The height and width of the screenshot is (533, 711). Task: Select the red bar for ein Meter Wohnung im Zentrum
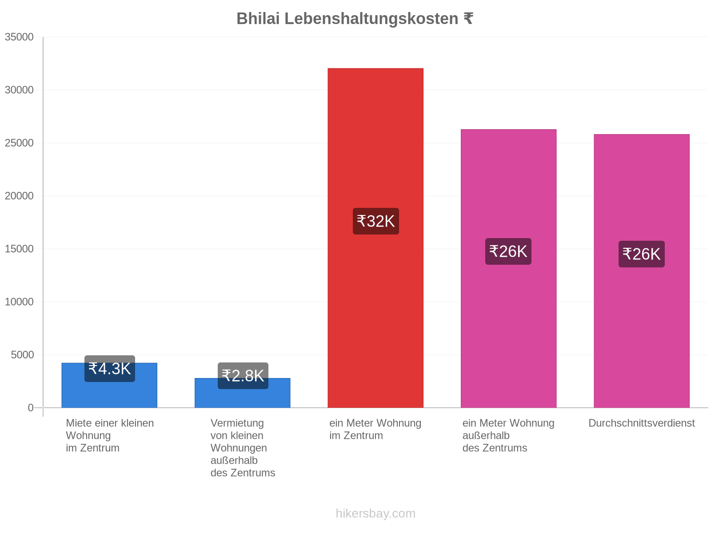(375, 238)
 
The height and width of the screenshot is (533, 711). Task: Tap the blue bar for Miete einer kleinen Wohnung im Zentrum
(109, 385)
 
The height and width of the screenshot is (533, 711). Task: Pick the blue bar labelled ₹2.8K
(242, 393)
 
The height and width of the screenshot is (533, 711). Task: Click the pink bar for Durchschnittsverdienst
(641, 270)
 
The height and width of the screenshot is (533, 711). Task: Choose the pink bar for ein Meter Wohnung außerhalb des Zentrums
(508, 268)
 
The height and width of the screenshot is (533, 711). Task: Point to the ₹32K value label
(375, 221)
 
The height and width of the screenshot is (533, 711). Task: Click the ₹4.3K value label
(109, 368)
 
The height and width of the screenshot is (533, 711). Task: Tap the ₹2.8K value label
(243, 375)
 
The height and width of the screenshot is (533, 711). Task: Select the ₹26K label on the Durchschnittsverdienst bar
(641, 254)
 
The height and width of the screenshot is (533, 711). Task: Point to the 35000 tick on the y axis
(19, 37)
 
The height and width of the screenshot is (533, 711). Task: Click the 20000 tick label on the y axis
(19, 196)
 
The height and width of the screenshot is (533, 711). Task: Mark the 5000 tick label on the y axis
(22, 355)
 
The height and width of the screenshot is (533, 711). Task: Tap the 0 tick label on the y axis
(31, 407)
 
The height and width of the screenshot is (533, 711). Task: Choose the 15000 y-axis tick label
(19, 249)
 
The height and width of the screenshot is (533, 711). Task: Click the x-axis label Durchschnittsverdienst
(641, 423)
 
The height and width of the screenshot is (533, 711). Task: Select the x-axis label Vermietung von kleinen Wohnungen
(238, 435)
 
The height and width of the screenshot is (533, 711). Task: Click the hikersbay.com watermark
(375, 513)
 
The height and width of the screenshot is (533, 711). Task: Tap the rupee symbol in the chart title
(468, 19)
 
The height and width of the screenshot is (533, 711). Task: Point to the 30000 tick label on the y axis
(19, 90)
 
